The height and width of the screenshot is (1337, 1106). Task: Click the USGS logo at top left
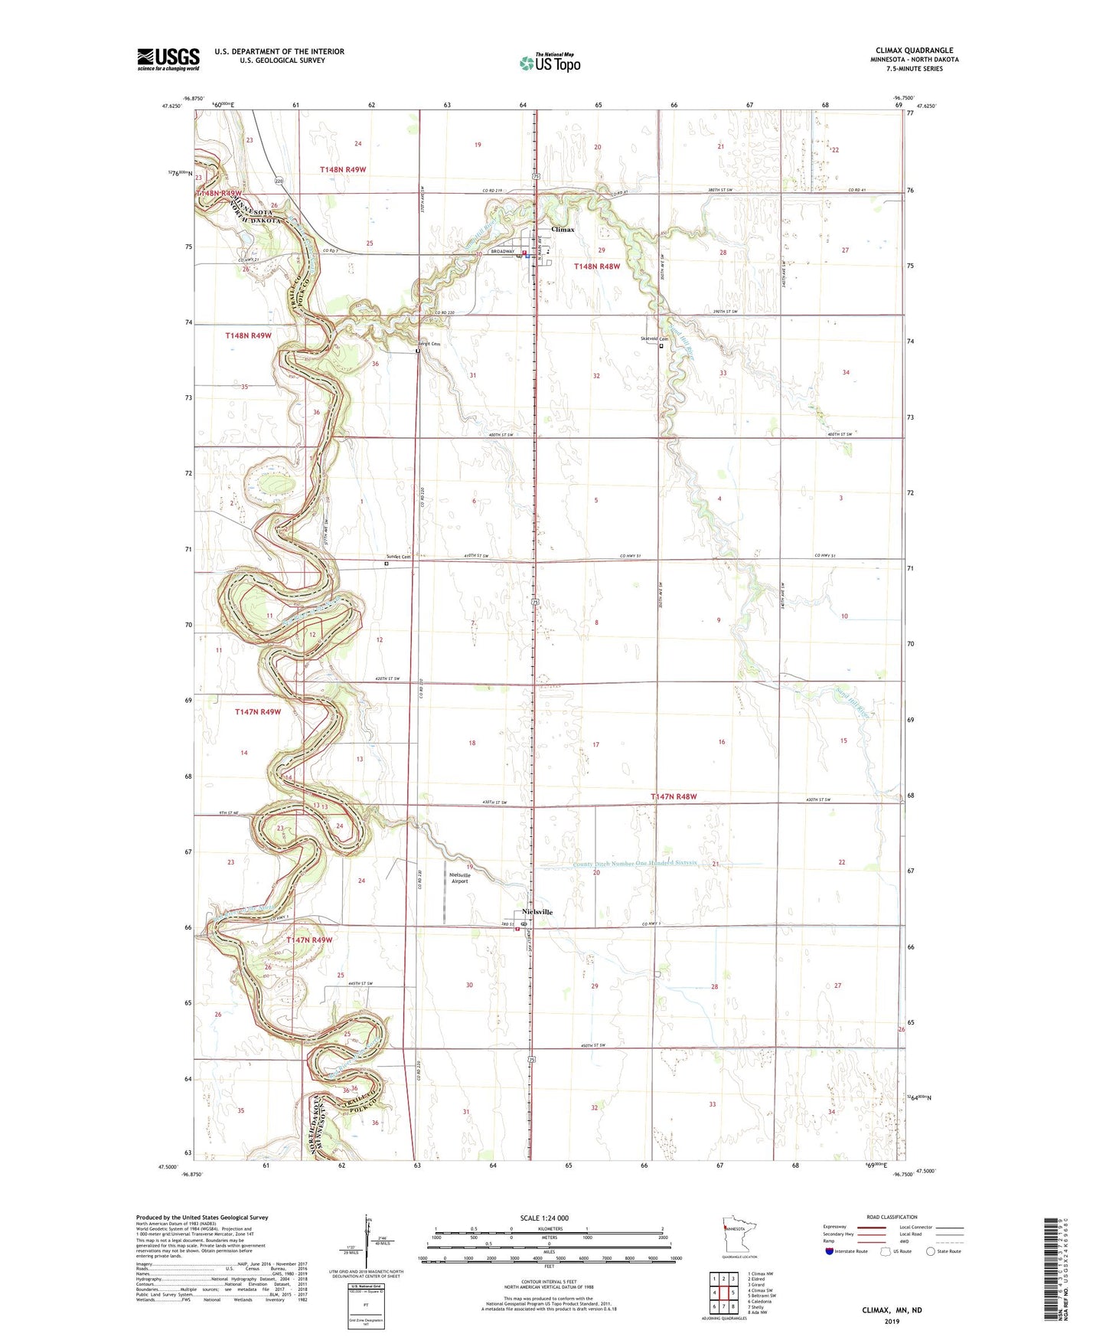pos(168,59)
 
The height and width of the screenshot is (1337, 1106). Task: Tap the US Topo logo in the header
pos(550,64)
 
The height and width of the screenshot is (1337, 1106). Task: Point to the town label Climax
pos(563,229)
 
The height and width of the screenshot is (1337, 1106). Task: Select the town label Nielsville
pos(537,912)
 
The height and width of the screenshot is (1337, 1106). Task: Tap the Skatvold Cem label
pos(654,339)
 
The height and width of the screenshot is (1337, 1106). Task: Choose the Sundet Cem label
pos(398,557)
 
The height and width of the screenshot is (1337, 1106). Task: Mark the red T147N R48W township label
pos(674,796)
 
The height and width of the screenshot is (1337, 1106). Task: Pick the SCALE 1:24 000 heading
pos(544,1218)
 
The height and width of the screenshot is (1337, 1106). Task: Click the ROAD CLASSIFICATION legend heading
pos(892,1217)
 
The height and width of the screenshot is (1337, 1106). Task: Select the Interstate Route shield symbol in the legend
pos(831,1251)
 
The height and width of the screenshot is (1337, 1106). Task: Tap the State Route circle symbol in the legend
pos(931,1251)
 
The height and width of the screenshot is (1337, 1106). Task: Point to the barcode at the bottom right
pos(1056,1267)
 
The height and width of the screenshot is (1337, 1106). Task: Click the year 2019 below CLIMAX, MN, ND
pos(892,1321)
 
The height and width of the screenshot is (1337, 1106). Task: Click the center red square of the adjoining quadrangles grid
pos(723,1292)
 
